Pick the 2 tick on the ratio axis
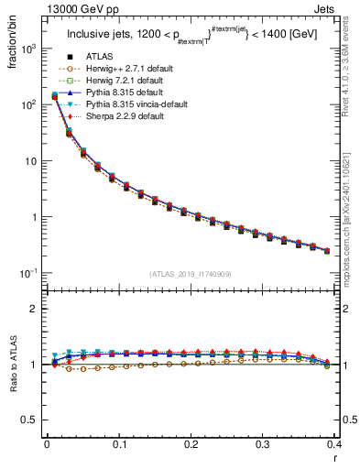click(x=38, y=309)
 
